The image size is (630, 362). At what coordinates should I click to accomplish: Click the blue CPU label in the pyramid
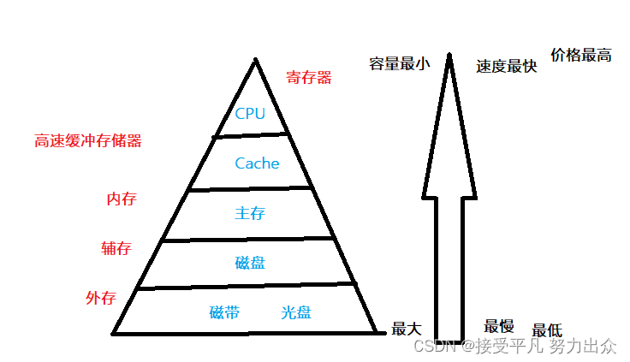point(250,114)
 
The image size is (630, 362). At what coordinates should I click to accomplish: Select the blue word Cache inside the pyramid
point(257,163)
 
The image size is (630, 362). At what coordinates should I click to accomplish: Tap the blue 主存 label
point(249,213)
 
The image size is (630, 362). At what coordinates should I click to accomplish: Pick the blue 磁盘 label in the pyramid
point(250,263)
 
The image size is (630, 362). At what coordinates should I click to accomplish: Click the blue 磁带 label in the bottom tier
point(224,312)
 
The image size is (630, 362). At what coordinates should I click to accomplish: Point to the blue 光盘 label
point(296,312)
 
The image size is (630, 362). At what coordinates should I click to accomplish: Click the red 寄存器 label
point(309,78)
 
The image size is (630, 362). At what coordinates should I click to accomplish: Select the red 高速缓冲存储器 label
point(88,141)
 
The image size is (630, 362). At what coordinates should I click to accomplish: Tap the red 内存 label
point(121,199)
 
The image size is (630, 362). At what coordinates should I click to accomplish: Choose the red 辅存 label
point(116,249)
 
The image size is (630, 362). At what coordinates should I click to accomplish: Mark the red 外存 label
point(100,299)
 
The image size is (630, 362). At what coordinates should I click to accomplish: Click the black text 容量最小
point(399,64)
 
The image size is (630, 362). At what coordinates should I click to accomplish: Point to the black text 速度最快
point(507,66)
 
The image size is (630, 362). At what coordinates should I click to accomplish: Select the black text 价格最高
point(581,56)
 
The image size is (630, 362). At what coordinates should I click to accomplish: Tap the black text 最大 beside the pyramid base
point(407,328)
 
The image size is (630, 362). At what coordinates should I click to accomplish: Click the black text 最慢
point(499,325)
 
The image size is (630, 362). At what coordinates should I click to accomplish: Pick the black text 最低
point(547,330)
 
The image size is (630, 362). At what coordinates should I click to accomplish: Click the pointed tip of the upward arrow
point(448,56)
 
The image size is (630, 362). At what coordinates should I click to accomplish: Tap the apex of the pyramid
point(254,59)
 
